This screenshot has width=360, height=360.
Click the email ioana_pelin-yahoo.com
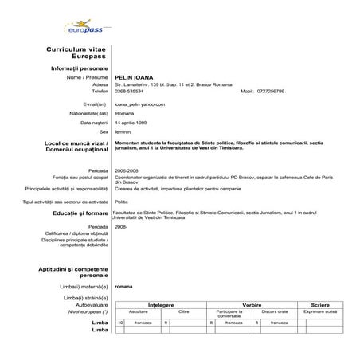click(140, 104)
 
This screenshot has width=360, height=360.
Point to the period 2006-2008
click(127, 170)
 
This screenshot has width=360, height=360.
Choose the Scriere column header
click(320, 304)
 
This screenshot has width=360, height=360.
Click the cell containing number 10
click(120, 323)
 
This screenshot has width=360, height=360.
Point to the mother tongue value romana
click(123, 285)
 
